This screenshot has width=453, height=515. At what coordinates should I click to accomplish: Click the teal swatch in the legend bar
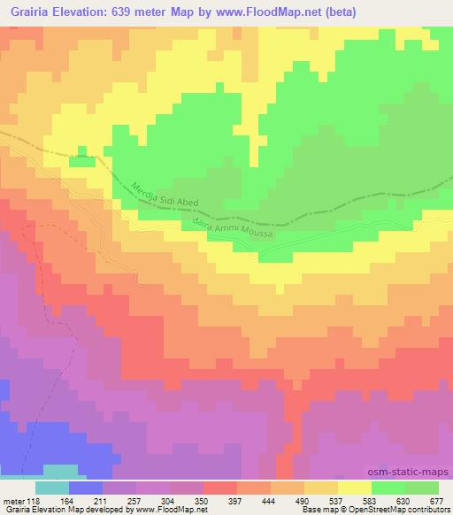[x=51, y=488]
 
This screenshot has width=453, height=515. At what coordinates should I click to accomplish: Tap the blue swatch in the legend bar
[x=85, y=488]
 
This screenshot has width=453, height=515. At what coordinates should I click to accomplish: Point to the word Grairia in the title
[x=27, y=10]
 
